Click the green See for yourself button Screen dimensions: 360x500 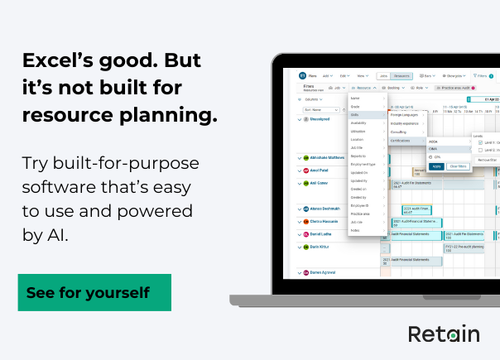(94, 292)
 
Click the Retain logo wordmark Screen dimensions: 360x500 (444, 334)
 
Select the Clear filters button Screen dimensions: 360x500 (457, 166)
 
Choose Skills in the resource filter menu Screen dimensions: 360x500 (355, 114)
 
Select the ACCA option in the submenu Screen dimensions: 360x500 (434, 142)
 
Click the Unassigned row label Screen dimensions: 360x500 (320, 118)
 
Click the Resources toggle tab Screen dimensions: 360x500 (401, 74)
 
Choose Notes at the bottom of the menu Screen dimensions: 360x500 (355, 230)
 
